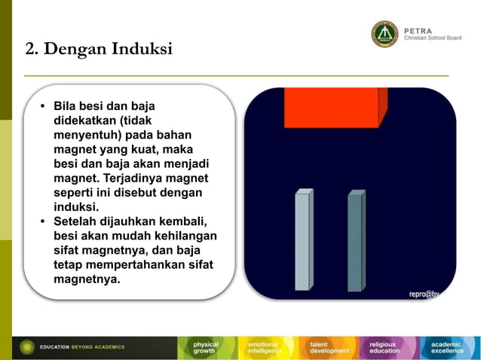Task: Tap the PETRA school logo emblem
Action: (x=384, y=33)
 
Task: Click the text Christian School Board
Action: (x=433, y=37)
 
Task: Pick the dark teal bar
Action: (x=355, y=241)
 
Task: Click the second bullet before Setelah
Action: (x=44, y=221)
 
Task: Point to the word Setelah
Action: (x=76, y=221)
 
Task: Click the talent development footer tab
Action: (x=329, y=347)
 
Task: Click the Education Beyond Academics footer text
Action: (x=83, y=347)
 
